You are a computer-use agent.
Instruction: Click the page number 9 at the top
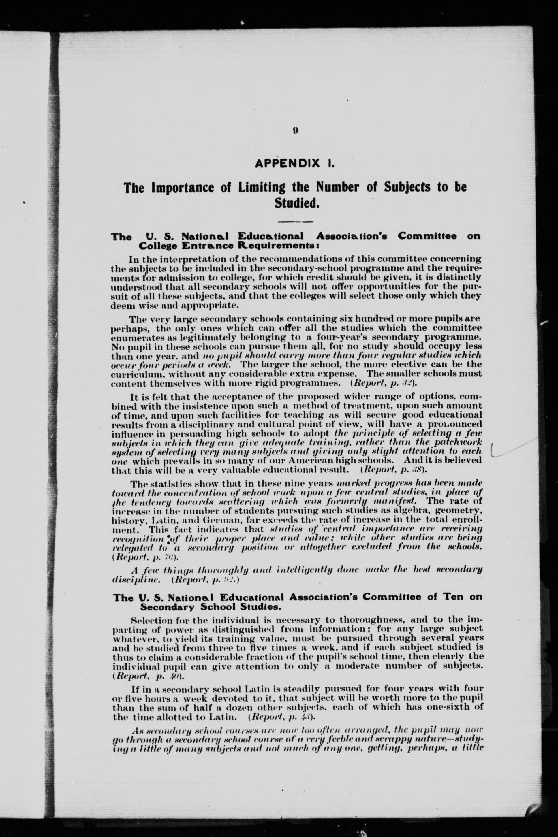pyautogui.click(x=295, y=130)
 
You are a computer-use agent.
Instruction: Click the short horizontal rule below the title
pyautogui.click(x=295, y=222)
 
